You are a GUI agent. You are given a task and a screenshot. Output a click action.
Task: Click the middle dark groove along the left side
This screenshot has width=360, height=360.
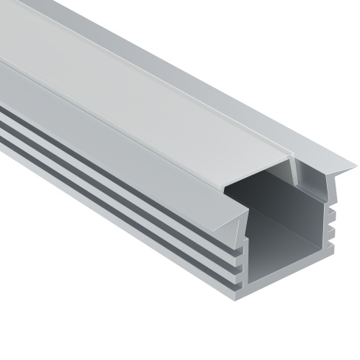[x=108, y=189]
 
